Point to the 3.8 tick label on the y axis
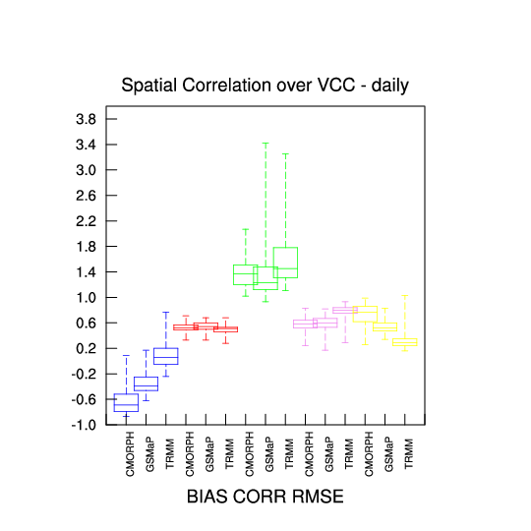click(x=86, y=119)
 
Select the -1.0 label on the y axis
click(x=84, y=425)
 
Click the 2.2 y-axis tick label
click(x=86, y=221)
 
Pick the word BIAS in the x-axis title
click(x=206, y=497)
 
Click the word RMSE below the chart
click(x=318, y=497)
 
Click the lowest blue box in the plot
click(x=126, y=402)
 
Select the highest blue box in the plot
click(x=166, y=356)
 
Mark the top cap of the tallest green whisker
click(x=265, y=144)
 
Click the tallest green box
click(x=285, y=263)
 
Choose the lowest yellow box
click(x=405, y=342)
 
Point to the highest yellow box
click(x=365, y=314)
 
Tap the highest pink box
click(x=345, y=310)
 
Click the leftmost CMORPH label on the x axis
click(x=130, y=453)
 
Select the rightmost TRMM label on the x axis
click(x=409, y=453)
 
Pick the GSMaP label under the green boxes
click(x=269, y=454)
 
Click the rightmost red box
click(x=226, y=329)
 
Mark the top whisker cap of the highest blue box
click(x=166, y=313)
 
